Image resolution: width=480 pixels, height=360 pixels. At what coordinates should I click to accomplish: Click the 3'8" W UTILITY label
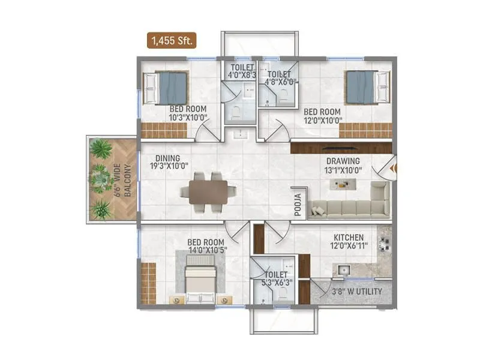pos(357,292)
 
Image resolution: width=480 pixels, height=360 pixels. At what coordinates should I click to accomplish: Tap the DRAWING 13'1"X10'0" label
pos(343,166)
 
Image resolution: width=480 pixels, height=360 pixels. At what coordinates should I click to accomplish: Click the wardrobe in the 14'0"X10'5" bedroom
pos(148,282)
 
